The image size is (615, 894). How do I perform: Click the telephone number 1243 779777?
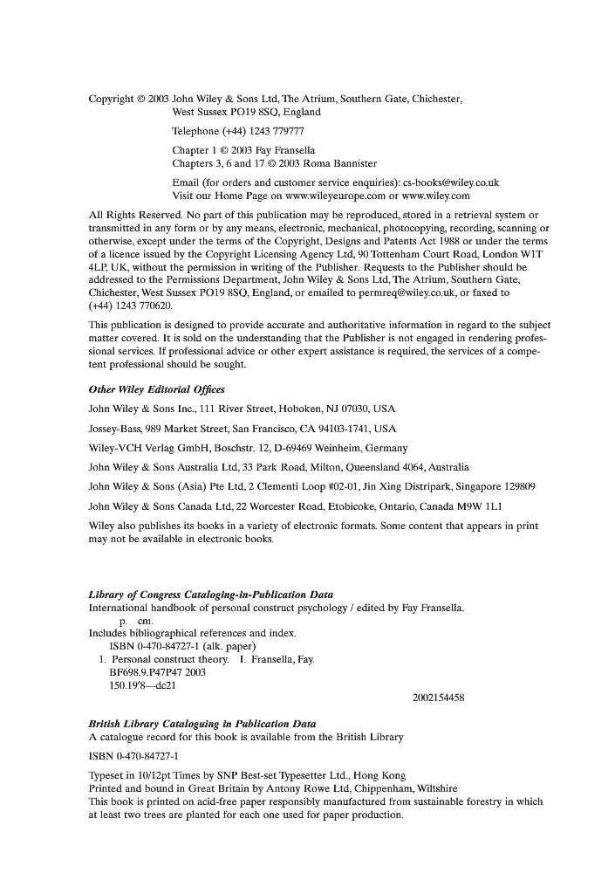[270, 131]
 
